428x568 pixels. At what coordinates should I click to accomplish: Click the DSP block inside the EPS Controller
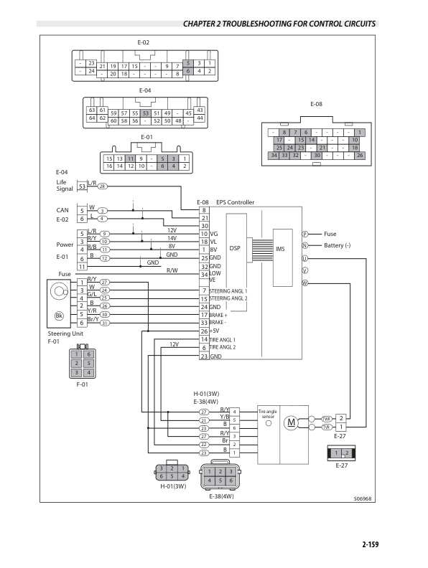(234, 247)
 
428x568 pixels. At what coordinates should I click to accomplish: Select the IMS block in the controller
(281, 249)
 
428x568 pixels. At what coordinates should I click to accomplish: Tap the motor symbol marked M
(291, 422)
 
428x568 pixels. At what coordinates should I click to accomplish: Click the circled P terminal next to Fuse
(304, 234)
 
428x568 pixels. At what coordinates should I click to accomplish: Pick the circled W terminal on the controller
(304, 283)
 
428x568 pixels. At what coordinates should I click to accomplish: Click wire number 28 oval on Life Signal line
(103, 186)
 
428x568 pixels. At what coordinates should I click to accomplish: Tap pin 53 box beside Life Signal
(82, 186)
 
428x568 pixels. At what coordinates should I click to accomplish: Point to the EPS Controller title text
(236, 203)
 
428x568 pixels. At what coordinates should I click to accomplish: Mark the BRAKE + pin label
(219, 315)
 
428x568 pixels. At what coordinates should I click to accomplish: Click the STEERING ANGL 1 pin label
(228, 290)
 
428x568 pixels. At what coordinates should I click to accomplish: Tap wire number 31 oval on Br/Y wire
(104, 323)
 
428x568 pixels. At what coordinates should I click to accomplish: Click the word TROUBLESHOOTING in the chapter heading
(273, 24)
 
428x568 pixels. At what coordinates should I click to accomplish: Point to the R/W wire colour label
(172, 270)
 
